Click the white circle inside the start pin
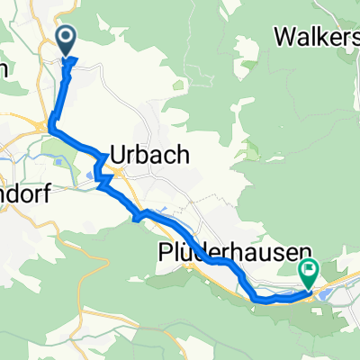[67, 37]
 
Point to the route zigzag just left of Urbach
[103, 175]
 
